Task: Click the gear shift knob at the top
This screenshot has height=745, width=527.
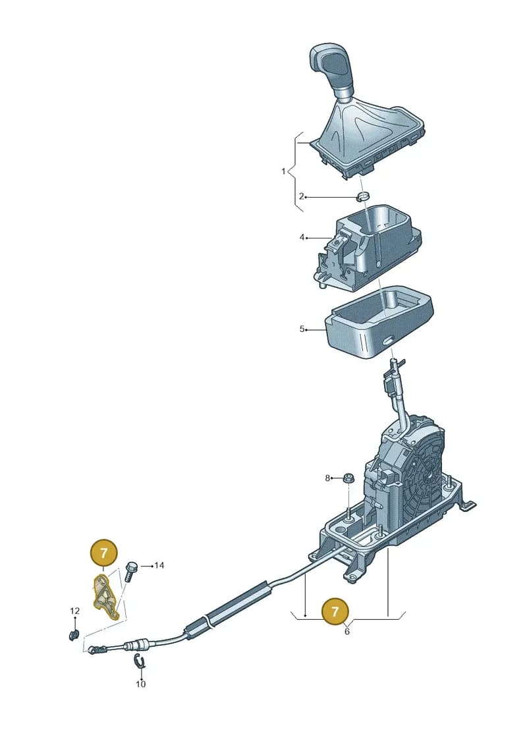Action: click(333, 69)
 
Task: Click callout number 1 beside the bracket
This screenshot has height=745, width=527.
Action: click(284, 171)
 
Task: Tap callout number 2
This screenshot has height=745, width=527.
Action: click(301, 196)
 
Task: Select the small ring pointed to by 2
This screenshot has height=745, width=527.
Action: click(364, 196)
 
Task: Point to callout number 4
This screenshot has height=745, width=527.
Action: click(302, 236)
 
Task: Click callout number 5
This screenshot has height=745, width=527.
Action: click(302, 329)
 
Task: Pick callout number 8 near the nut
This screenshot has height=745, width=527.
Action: click(327, 478)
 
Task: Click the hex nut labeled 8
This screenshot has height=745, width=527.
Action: click(348, 478)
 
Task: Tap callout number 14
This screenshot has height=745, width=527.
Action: click(159, 565)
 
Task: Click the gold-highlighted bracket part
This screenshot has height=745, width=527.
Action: click(105, 597)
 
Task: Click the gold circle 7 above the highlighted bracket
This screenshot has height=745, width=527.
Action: click(103, 553)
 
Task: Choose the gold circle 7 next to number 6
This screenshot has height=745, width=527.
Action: click(335, 611)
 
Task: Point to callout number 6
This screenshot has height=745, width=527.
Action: click(347, 632)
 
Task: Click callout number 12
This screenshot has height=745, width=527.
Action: click(75, 611)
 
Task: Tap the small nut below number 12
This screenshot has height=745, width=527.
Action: click(74, 634)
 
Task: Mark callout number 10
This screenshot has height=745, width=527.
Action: click(141, 684)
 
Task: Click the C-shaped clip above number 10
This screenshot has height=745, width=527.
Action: click(139, 661)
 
